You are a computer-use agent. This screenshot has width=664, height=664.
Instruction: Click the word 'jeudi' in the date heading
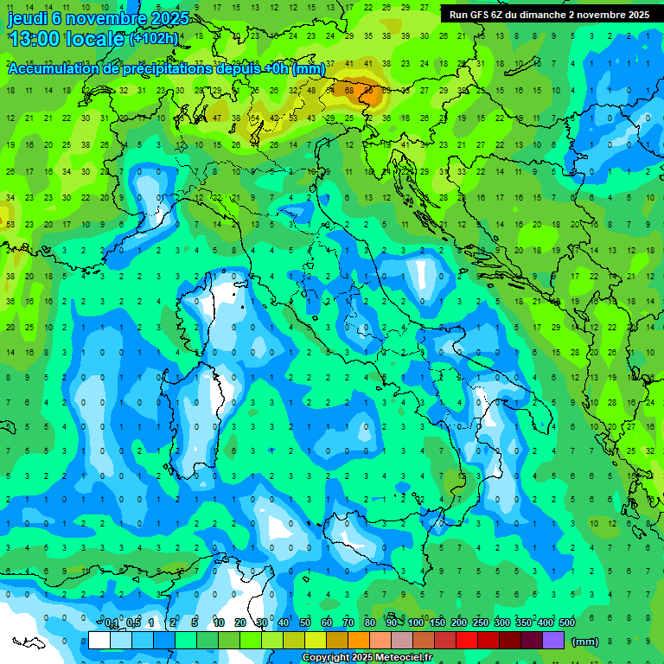coord(27,18)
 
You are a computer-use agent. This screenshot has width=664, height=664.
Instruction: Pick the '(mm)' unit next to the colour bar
coord(585,642)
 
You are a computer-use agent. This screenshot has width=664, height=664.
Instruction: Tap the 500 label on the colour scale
coord(566,623)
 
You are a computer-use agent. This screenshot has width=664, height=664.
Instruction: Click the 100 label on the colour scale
coord(416,623)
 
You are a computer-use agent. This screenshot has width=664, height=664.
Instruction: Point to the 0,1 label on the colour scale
coord(112,623)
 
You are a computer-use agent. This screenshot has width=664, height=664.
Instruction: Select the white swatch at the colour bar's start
coord(99,641)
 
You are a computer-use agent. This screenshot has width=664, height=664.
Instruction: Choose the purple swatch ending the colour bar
coord(553,641)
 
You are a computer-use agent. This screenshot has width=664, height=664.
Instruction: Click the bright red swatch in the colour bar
coord(467,641)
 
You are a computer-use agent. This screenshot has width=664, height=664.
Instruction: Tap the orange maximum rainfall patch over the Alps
coord(370,90)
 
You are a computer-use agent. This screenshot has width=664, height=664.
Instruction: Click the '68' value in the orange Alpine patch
coord(350,89)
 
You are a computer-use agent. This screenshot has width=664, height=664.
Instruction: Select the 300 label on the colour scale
coord(502,623)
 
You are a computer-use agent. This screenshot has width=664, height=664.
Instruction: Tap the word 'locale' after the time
coord(96,39)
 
